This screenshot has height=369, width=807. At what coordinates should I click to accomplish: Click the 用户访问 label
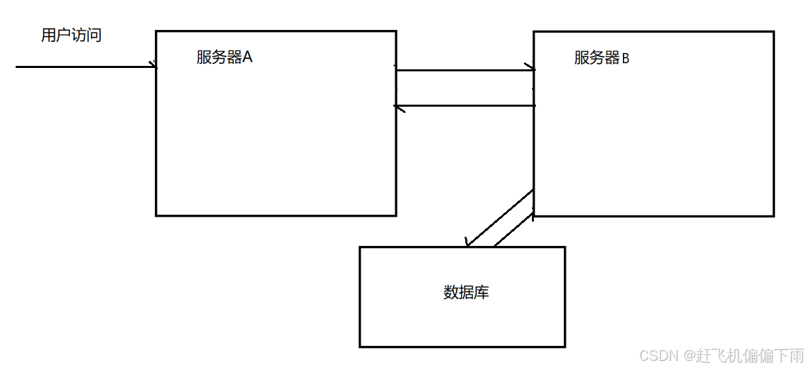pos(71,35)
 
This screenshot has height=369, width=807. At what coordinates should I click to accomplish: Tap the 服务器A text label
pos(224,58)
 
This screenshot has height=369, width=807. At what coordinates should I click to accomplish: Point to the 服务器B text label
pos(602,58)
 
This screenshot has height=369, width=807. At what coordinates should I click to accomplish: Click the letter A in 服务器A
pos(247,58)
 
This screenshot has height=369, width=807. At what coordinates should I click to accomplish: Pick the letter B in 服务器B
pos(626,58)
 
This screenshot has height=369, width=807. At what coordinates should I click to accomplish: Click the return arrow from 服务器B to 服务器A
pos(465,106)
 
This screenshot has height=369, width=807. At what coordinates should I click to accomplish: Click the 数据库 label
pos(466,293)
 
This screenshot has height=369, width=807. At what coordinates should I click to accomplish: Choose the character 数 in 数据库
pos(451,293)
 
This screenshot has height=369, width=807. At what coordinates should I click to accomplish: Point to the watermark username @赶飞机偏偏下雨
pos(744,355)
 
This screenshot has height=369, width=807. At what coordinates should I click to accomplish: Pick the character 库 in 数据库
pos(482,293)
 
